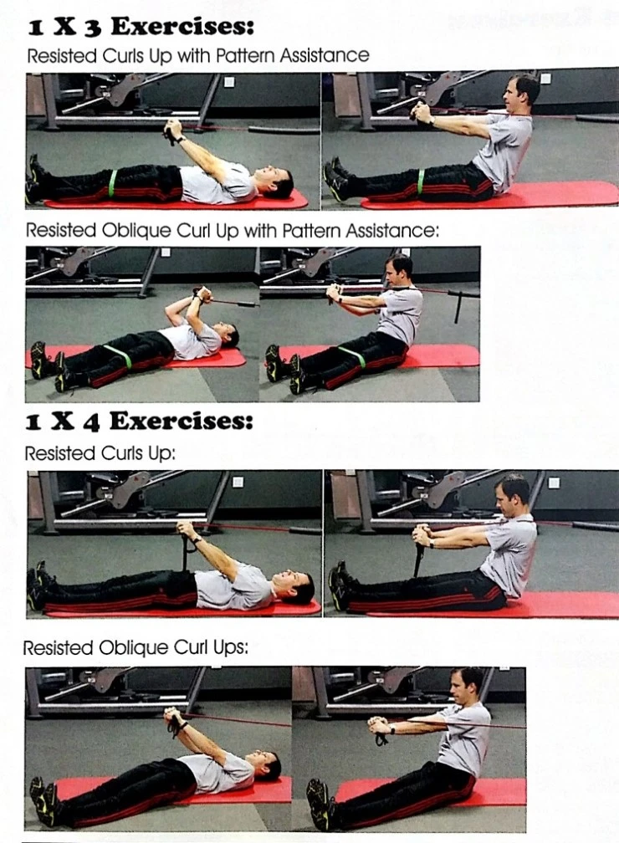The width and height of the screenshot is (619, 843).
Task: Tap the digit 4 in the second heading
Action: tap(91, 423)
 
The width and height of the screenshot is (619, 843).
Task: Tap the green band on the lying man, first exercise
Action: tap(112, 183)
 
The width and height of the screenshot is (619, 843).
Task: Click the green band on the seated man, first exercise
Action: tap(420, 181)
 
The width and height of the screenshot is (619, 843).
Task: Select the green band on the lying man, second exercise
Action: tap(118, 356)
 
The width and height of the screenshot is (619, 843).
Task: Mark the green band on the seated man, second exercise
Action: tap(352, 357)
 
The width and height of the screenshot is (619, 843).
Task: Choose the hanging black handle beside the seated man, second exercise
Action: tap(458, 307)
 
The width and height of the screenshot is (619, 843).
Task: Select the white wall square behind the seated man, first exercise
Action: tap(545, 79)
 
